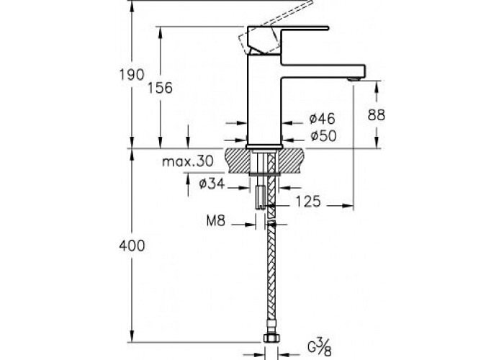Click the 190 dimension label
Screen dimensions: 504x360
tap(132, 75)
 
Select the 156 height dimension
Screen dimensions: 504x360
tap(160, 88)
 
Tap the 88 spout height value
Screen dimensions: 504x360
tap(376, 114)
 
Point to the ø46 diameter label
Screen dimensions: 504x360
tap(322, 119)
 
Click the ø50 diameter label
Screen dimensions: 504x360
tap(323, 136)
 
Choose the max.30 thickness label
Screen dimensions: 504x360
tap(188, 161)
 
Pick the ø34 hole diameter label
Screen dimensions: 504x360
tap(212, 184)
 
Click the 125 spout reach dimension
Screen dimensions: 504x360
tap(308, 202)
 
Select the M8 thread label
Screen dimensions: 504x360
tap(216, 221)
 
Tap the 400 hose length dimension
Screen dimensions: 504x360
tap(132, 246)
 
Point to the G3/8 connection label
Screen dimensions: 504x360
tap(319, 348)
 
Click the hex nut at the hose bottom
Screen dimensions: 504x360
tap(271, 338)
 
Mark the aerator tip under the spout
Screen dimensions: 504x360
tap(355, 78)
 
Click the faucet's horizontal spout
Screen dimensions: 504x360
tap(323, 71)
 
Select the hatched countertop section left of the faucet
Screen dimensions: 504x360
tap(238, 160)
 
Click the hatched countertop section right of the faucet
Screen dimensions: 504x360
tap(291, 160)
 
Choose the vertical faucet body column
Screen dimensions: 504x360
tap(264, 99)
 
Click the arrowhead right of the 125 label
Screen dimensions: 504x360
tap(348, 205)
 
